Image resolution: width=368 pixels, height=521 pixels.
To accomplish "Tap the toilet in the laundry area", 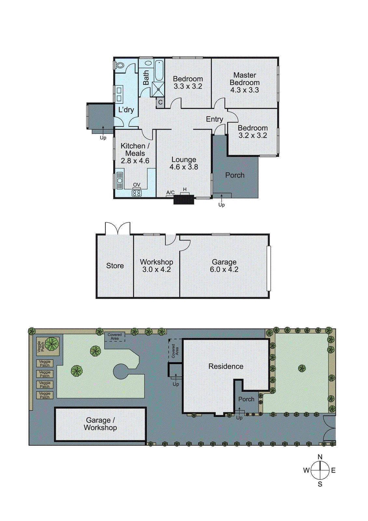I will (x=120, y=65).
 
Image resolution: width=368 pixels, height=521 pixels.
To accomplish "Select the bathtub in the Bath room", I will (x=159, y=70).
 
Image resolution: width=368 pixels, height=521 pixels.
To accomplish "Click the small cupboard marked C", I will (x=160, y=103).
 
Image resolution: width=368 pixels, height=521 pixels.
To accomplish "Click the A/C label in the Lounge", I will (x=170, y=193).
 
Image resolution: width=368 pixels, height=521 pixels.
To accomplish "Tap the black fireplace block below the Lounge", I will (x=184, y=200).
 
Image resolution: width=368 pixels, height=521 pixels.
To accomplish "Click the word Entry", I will (x=214, y=119).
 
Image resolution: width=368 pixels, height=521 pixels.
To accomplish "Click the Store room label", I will (x=115, y=266).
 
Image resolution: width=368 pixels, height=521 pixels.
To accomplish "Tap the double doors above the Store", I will (x=117, y=229).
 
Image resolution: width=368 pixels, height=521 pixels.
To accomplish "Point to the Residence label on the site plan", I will (x=226, y=366).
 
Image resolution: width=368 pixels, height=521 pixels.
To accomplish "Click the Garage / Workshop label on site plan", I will (x=100, y=424).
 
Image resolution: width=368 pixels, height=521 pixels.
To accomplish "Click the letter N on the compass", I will (x=320, y=457).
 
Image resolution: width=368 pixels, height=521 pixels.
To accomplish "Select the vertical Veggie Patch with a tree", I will (x=48, y=346).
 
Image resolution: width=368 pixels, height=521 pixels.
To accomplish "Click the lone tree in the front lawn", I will (x=302, y=368).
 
